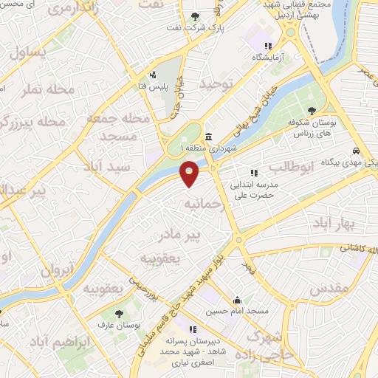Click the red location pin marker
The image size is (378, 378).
point(190,173)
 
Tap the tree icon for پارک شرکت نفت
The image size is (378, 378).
point(195,17)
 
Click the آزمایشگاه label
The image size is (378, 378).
point(268,57)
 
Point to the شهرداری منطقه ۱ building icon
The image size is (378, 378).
point(210,137)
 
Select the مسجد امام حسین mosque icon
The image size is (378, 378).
point(237,301)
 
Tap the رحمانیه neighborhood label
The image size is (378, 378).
point(202,202)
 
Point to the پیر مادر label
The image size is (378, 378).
point(175,236)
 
